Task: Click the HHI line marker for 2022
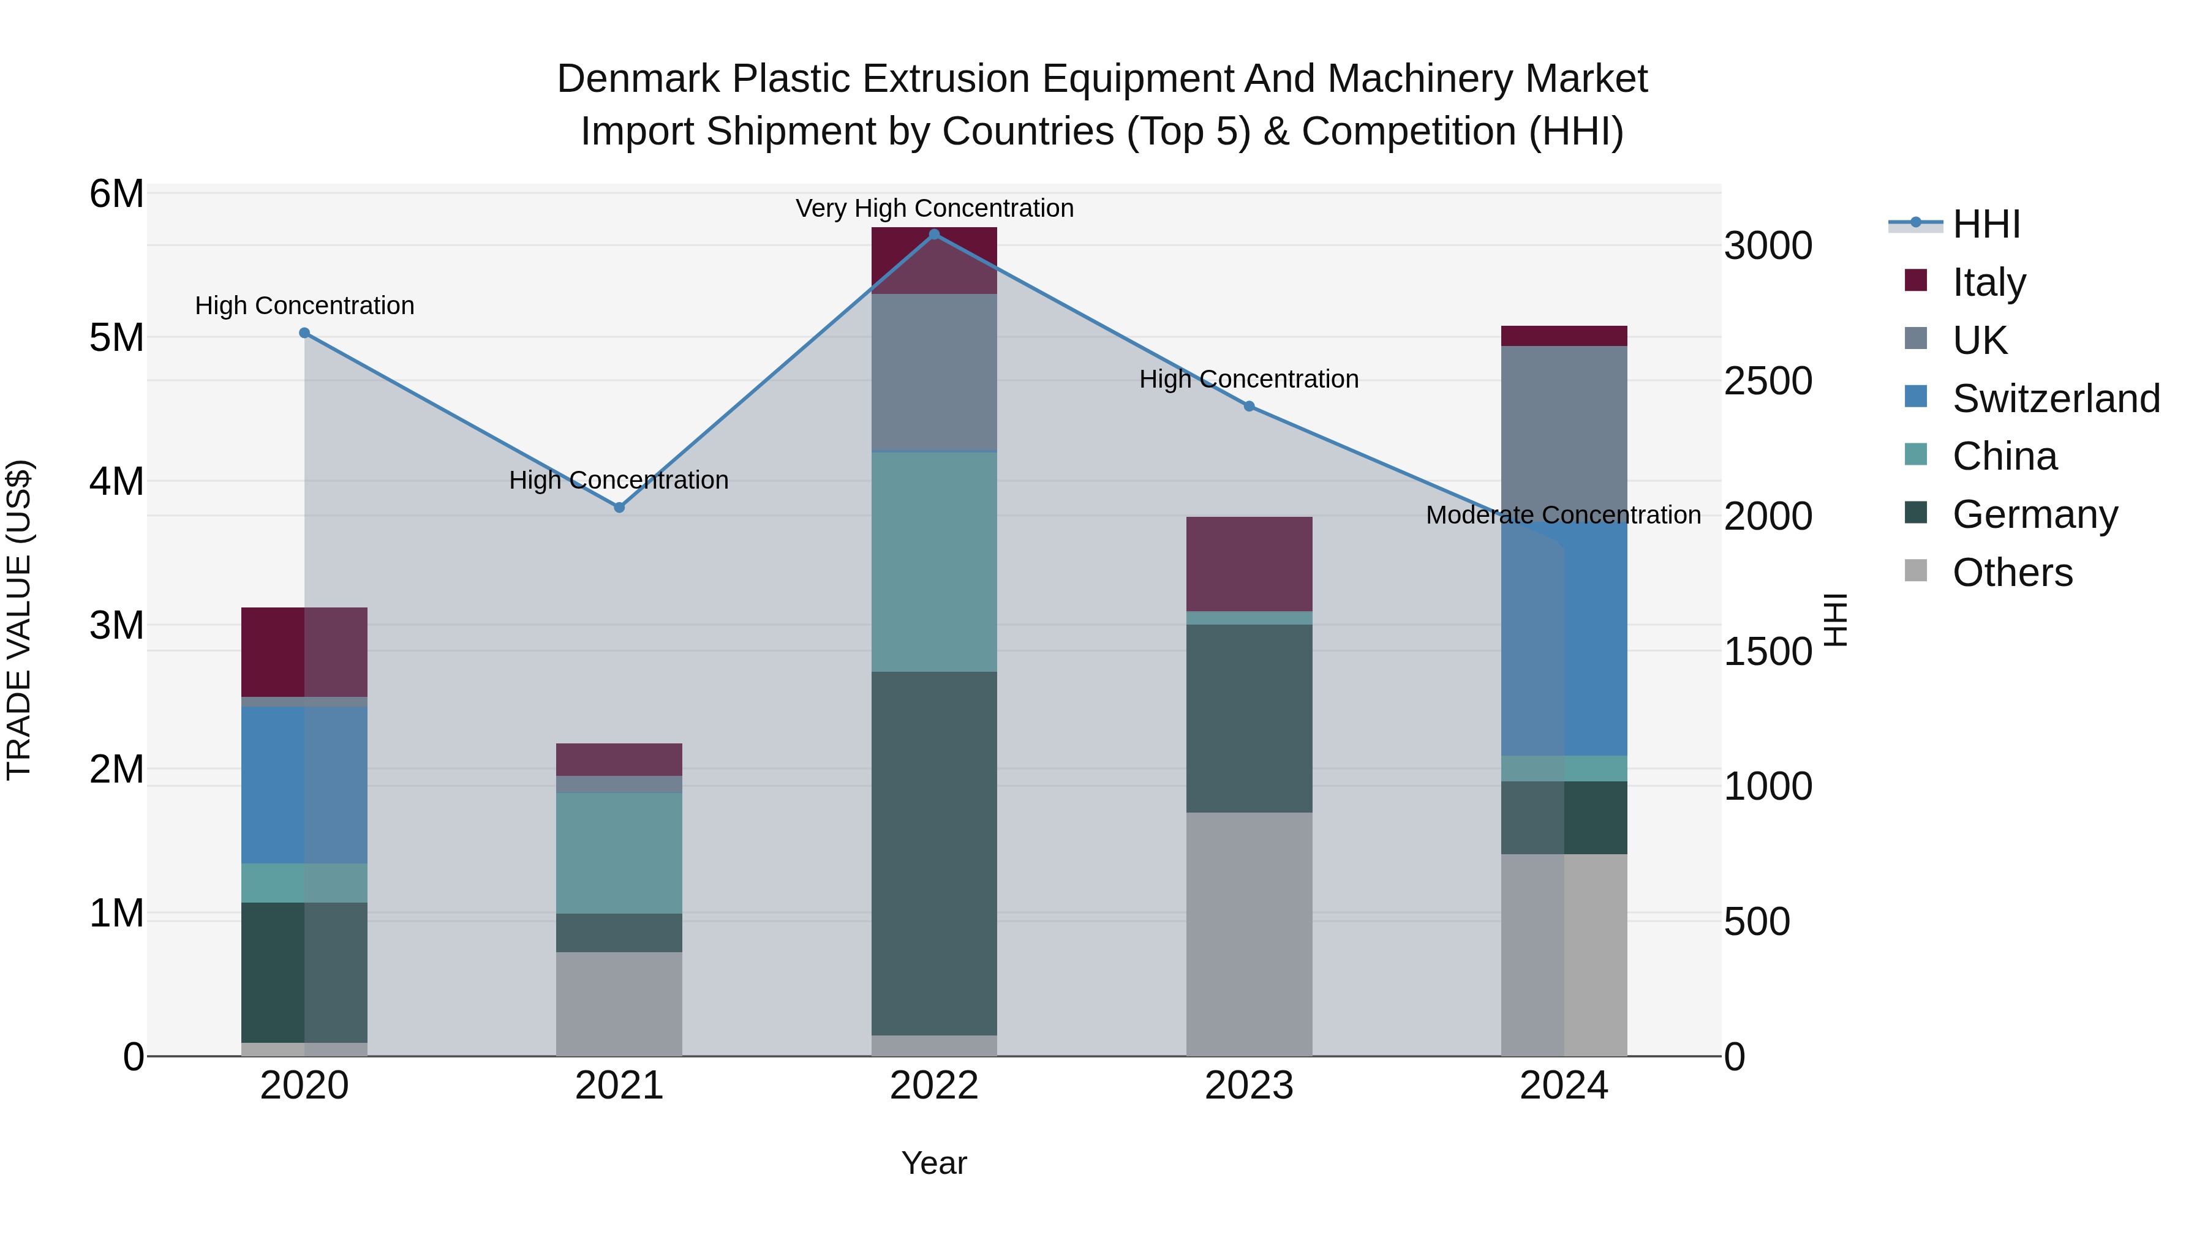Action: [x=934, y=234]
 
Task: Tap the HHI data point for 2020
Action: [x=305, y=333]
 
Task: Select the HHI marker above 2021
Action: [x=620, y=508]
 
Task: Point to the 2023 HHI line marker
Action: [x=1249, y=407]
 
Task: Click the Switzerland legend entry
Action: [x=2054, y=399]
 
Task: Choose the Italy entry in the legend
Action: [x=1988, y=282]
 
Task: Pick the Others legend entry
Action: [x=2011, y=573]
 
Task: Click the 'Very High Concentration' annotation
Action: [x=934, y=208]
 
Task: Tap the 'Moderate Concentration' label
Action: [x=1563, y=515]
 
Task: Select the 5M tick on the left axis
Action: [x=117, y=337]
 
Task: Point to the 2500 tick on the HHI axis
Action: [x=1768, y=381]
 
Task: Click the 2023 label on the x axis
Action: [x=1249, y=1086]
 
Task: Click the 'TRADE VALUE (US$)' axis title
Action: [x=20, y=620]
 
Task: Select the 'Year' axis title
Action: [x=934, y=1163]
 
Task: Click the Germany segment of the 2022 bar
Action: [x=934, y=853]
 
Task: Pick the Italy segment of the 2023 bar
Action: [x=1249, y=564]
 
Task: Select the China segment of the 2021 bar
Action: [x=619, y=852]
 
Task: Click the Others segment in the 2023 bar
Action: [x=1249, y=934]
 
